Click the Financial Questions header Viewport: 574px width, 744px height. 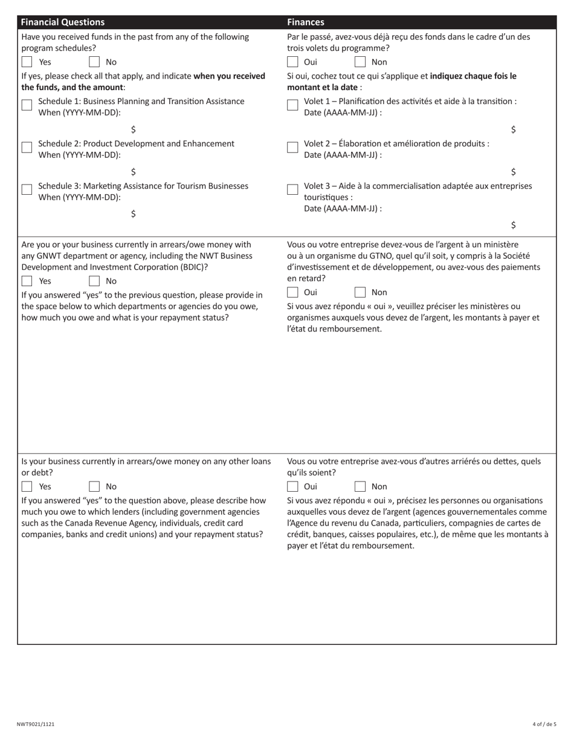click(63, 22)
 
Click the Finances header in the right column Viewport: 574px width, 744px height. click(305, 22)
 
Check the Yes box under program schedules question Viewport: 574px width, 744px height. click(27, 62)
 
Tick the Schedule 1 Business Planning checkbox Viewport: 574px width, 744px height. click(27, 105)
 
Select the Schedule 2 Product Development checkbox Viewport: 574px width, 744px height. click(27, 148)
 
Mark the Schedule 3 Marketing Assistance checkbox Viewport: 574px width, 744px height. click(27, 189)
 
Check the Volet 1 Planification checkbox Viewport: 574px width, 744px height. click(292, 105)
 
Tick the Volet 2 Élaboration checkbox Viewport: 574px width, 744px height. click(292, 148)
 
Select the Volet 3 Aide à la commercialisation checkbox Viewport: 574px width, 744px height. click(292, 189)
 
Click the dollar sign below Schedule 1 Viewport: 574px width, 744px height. click(133, 129)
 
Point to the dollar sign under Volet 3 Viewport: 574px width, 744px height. click(513, 225)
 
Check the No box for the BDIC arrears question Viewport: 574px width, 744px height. click(94, 281)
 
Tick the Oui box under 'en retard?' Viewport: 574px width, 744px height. click(292, 292)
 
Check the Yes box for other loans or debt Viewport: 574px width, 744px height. click(27, 486)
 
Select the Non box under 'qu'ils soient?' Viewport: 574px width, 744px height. click(360, 486)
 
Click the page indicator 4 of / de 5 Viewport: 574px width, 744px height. click(544, 724)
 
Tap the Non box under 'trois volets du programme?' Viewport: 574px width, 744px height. click(360, 62)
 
